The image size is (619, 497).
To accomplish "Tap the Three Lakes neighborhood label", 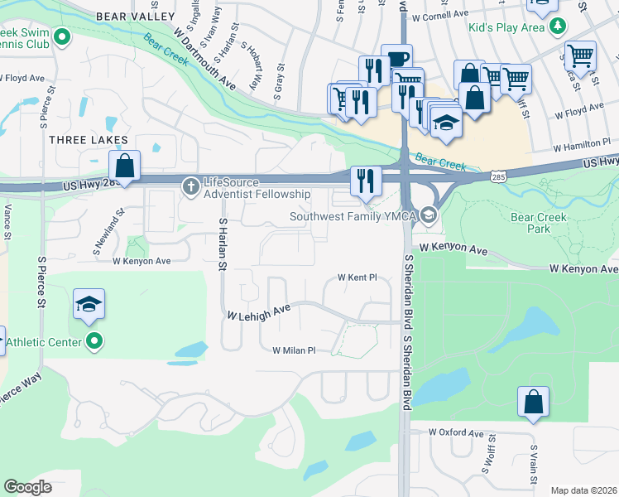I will (89, 140).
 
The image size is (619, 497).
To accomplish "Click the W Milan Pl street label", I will (295, 350).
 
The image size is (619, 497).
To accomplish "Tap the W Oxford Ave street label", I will (457, 432).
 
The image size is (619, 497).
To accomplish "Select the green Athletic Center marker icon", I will (94, 340).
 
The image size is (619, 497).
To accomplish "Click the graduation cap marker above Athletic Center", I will (89, 303).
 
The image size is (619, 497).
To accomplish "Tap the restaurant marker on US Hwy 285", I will (365, 179).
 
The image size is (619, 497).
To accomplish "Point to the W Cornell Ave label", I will (445, 16).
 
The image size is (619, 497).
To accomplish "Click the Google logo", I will (28, 487).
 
